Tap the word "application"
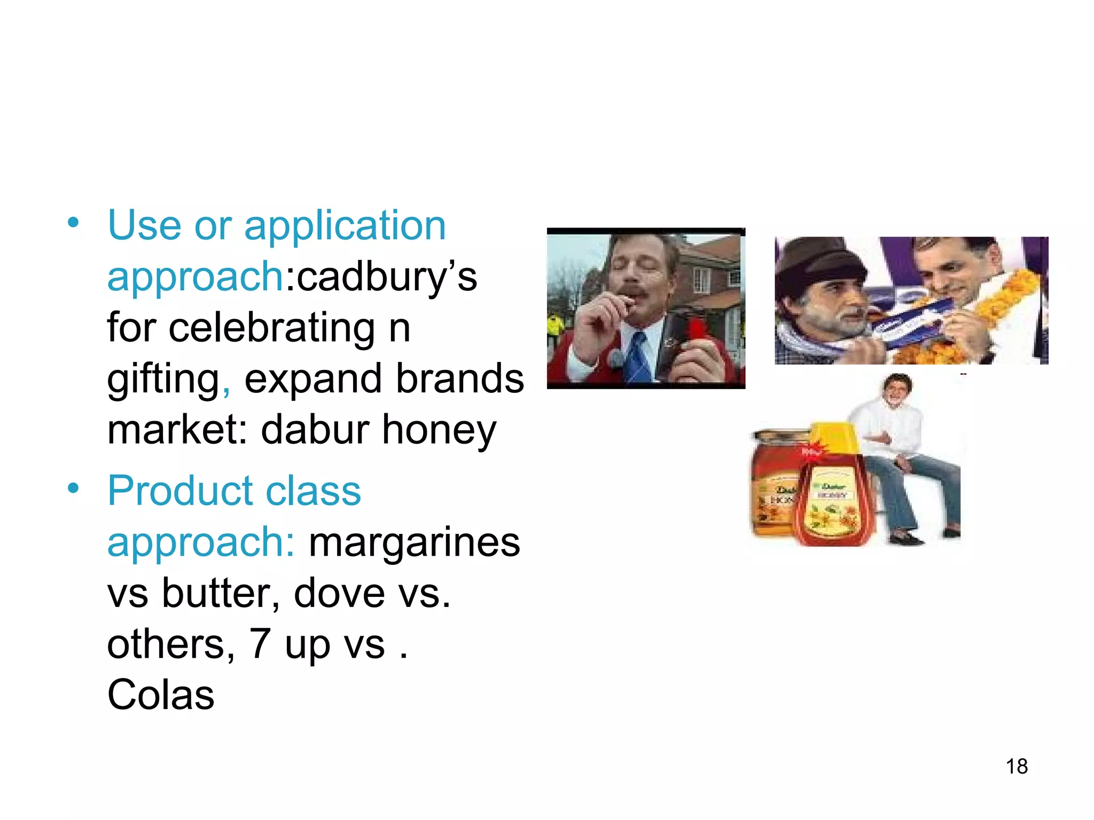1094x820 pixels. pos(345,226)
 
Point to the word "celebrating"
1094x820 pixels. pos(272,328)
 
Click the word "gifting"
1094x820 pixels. pos(163,379)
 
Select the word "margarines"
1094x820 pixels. pos(415,542)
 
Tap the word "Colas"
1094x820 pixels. pos(161,695)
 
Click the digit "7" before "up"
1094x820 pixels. pos(260,644)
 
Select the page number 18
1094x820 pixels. pos(1017,767)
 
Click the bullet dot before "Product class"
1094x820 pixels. pos(73,488)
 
